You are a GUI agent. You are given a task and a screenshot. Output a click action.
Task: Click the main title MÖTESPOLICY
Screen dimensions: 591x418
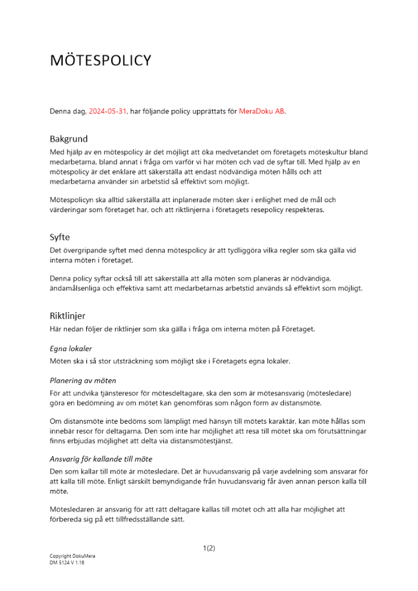pos(101,60)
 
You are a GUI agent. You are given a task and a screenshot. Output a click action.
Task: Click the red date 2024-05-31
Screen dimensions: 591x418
pos(108,111)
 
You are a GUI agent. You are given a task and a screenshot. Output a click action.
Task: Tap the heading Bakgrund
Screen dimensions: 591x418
pos(69,139)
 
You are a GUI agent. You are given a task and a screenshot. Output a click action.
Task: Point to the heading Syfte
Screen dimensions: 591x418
pos(60,237)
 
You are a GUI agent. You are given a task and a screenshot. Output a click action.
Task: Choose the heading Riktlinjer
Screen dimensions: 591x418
pos(67,316)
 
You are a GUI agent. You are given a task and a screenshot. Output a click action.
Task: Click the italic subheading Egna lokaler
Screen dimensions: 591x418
pos(71,349)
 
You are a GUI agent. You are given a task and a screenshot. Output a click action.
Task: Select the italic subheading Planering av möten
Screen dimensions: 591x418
pos(83,380)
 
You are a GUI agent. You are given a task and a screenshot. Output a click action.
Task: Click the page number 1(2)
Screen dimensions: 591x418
pos(209,548)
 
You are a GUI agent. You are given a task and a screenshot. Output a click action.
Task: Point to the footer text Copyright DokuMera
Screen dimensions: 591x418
pos(72,556)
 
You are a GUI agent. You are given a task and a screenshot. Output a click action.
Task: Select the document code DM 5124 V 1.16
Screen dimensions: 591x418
pos(67,563)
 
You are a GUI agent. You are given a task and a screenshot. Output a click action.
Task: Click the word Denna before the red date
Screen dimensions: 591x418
pos(60,111)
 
